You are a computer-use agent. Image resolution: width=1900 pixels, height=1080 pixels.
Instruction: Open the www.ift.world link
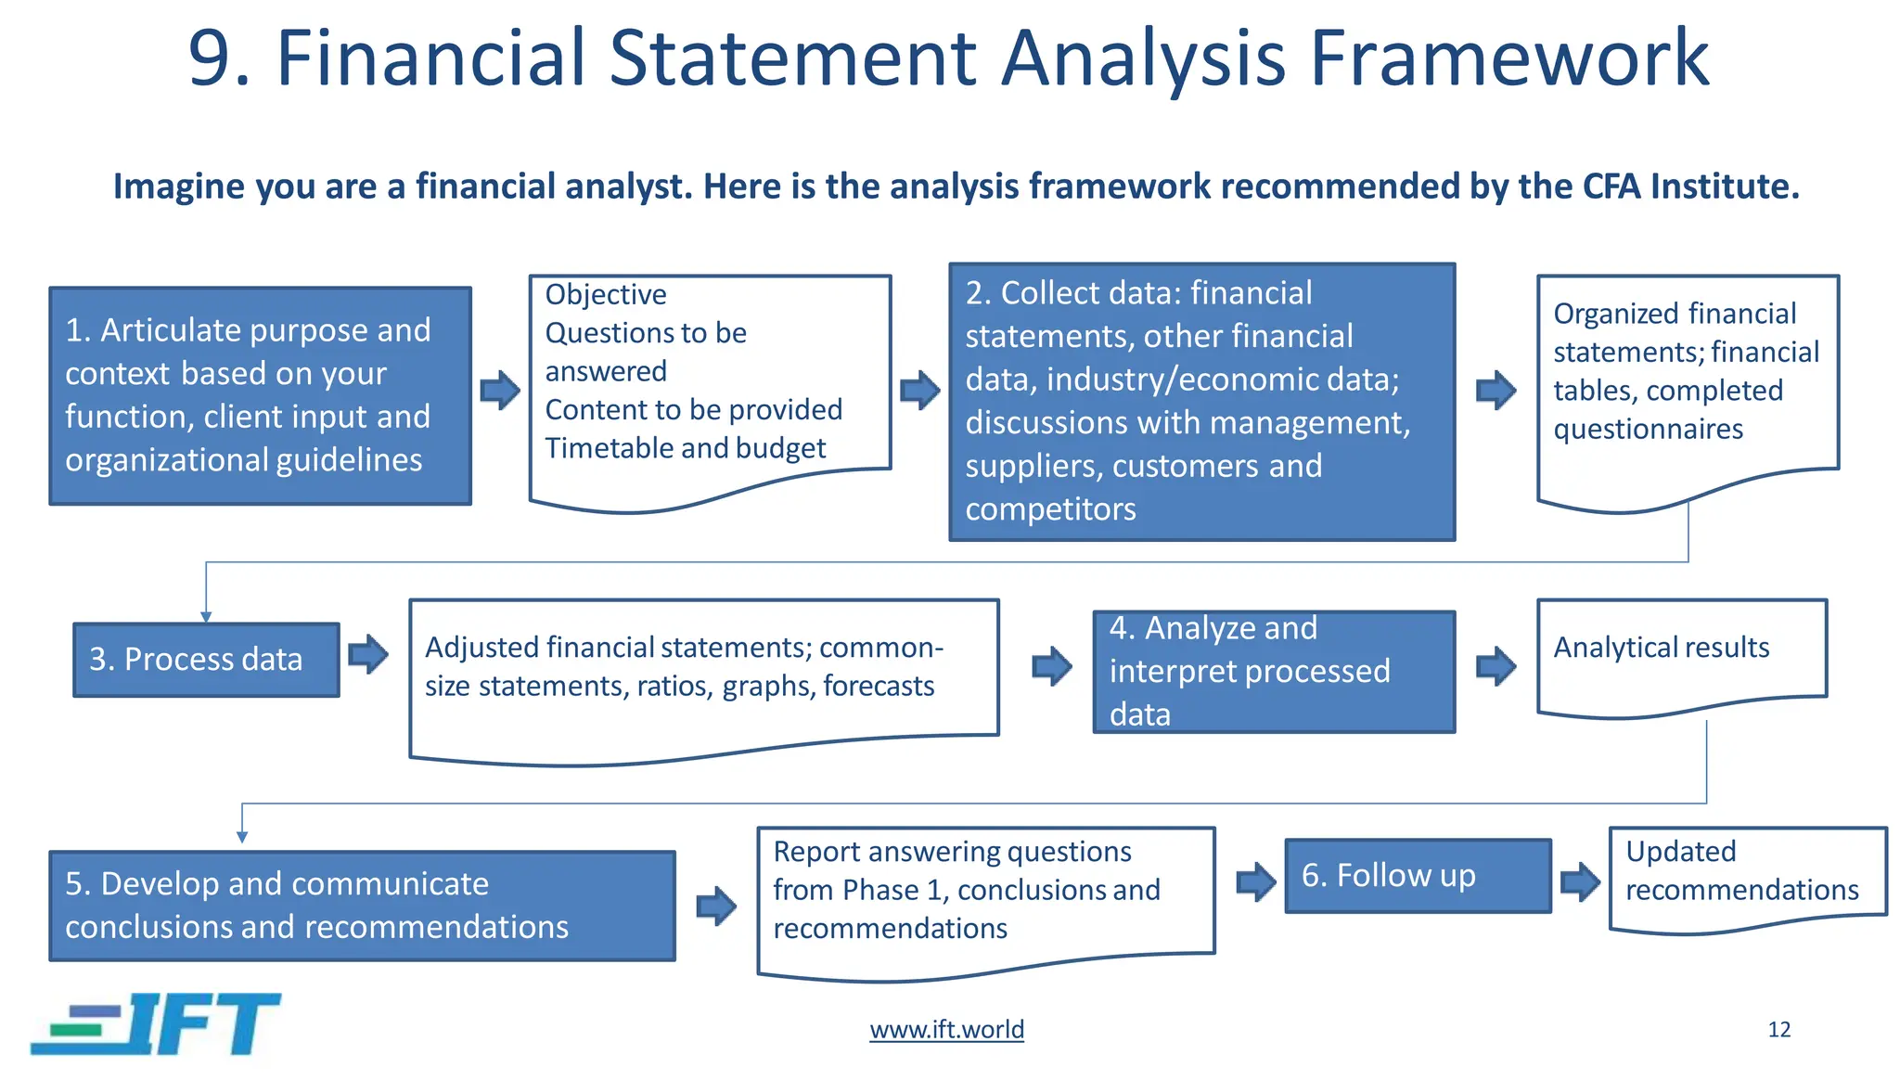(x=946, y=1030)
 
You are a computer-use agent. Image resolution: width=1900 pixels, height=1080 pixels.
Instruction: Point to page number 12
(x=1778, y=1030)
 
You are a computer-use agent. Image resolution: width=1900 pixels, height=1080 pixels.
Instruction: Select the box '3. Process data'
(x=206, y=660)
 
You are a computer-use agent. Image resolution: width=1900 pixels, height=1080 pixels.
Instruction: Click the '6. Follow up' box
(x=1417, y=876)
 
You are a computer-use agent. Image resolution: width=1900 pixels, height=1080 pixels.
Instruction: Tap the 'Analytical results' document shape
(x=1680, y=654)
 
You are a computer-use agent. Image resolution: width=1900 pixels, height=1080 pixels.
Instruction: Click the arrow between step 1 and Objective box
(x=500, y=390)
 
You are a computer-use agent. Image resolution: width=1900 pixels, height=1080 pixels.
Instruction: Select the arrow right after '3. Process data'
(x=368, y=654)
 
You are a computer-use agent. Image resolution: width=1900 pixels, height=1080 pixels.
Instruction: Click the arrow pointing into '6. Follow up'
(x=1256, y=881)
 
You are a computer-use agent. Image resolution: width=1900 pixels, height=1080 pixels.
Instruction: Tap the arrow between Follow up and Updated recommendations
(x=1580, y=881)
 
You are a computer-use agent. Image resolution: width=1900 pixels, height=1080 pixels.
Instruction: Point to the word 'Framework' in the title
(x=1508, y=59)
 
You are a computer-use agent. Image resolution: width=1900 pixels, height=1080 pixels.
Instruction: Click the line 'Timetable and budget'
(x=685, y=448)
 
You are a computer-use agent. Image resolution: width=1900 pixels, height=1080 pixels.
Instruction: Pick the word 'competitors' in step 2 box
(x=1050, y=509)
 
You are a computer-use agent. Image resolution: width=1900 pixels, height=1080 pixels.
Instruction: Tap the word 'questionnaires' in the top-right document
(x=1648, y=430)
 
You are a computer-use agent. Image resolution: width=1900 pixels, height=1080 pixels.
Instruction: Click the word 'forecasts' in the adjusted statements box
(x=878, y=687)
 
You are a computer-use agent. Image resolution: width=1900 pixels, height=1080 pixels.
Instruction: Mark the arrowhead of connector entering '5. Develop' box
(x=242, y=837)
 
